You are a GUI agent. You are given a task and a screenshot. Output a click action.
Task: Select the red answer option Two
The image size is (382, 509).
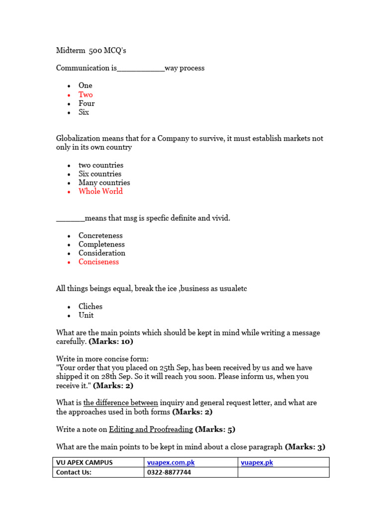(x=86, y=94)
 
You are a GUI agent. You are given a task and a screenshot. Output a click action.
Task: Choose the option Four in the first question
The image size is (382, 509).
(x=87, y=103)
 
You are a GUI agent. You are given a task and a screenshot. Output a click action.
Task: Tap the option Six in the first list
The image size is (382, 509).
(x=84, y=112)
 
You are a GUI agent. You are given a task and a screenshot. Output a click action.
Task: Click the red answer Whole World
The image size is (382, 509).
(x=100, y=191)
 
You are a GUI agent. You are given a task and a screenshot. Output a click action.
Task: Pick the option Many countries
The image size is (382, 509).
(x=104, y=182)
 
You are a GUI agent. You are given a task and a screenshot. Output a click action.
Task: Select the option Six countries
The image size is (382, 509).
(x=99, y=174)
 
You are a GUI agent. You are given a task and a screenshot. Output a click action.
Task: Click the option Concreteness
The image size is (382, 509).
(x=100, y=236)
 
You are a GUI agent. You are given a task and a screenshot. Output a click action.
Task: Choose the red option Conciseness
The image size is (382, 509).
(x=98, y=262)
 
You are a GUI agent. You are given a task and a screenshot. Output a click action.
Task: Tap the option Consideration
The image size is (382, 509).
(x=102, y=253)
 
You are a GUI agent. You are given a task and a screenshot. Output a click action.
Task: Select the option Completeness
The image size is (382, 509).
(x=101, y=245)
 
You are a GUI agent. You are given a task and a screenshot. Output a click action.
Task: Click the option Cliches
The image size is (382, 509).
(x=91, y=307)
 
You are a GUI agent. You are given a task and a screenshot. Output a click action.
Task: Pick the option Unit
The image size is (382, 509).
(x=86, y=315)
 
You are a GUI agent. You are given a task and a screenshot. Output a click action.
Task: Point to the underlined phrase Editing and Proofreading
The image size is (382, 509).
(x=151, y=429)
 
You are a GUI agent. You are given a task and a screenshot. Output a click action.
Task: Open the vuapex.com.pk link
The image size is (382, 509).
(x=171, y=463)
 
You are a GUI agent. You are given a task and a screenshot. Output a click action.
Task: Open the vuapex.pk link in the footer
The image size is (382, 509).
(x=257, y=463)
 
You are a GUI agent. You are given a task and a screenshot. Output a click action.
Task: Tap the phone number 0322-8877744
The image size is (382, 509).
(x=169, y=473)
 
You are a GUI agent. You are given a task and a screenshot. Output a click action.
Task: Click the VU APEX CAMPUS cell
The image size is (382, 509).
(x=85, y=463)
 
